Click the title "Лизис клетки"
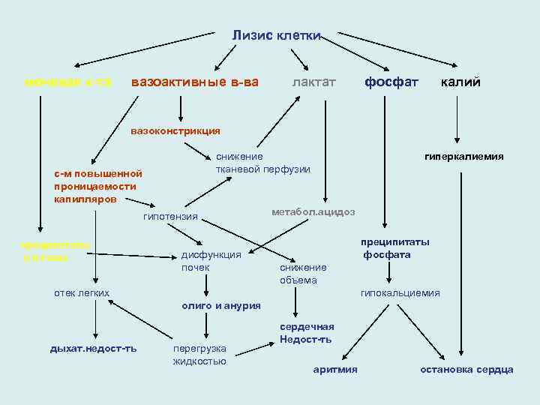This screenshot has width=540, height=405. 276,35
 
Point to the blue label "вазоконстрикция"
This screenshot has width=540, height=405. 175,131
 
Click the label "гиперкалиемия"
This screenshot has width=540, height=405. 463,157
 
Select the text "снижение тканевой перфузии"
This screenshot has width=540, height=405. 262,163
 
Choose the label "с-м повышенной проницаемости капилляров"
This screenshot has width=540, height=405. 97,187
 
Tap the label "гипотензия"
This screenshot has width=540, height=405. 170,217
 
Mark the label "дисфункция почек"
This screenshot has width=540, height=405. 211,261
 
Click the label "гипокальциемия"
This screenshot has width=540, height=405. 400,292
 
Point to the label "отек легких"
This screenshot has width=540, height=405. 82,292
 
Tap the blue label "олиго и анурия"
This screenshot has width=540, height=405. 221,305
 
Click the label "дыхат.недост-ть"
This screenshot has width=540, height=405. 93,349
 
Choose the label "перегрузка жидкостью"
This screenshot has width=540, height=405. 199,355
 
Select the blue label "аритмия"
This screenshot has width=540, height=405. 334,369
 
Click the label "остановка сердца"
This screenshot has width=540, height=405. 466,369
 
